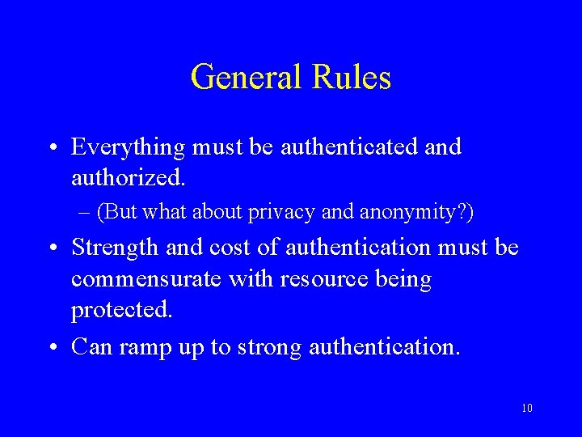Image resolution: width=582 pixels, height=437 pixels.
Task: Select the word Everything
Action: [127, 147]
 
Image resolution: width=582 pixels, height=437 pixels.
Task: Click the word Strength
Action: [115, 248]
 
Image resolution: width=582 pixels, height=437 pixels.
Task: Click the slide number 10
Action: [526, 409]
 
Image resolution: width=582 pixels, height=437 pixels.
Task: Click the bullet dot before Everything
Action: [52, 148]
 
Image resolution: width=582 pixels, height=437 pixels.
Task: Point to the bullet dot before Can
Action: [52, 347]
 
